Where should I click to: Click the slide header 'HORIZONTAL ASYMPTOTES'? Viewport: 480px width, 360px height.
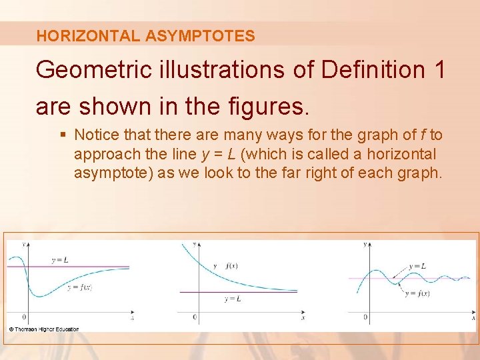(145, 36)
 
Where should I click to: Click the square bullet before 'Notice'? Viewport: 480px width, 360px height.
(63, 135)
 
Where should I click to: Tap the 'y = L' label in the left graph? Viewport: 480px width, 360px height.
(59, 259)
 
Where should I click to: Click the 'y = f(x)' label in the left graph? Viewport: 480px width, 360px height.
(79, 287)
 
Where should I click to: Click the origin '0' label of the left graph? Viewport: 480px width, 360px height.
(24, 317)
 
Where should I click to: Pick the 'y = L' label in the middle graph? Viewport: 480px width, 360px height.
(233, 299)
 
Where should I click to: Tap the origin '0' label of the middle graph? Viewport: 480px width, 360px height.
(195, 317)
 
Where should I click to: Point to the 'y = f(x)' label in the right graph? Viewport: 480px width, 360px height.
(417, 293)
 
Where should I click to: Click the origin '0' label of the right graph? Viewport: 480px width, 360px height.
(365, 317)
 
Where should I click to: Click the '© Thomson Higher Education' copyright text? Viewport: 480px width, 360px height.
(44, 329)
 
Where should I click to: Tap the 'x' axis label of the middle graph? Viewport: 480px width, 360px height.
(303, 319)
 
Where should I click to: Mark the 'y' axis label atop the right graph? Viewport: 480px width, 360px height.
(365, 245)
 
